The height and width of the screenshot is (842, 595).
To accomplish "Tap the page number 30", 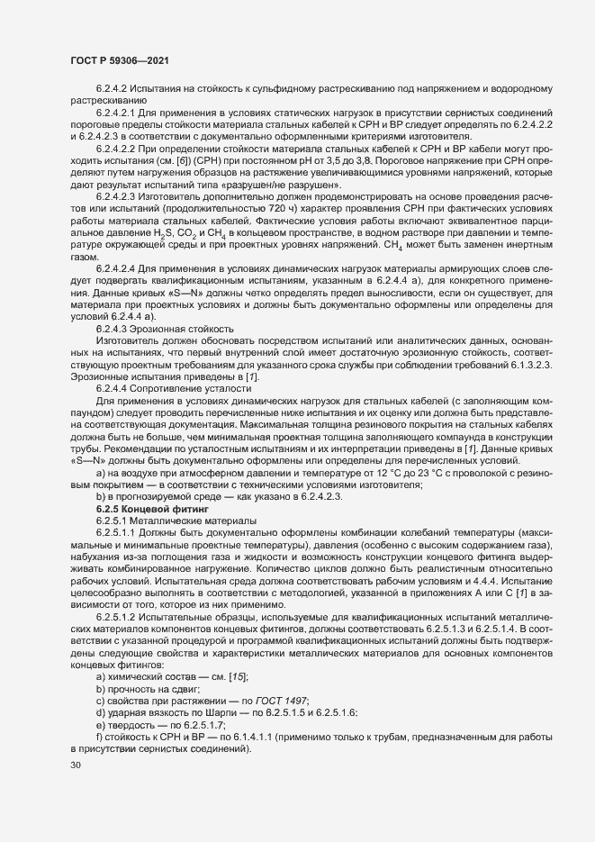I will pos(75,766).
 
